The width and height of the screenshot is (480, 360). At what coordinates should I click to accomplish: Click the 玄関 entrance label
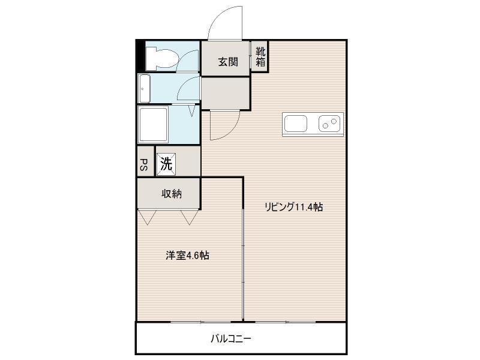click(228, 62)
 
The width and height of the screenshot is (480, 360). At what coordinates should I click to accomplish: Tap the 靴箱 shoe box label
click(260, 56)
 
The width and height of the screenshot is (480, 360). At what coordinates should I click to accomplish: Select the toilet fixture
click(161, 58)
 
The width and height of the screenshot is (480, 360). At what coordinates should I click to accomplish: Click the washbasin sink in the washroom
click(144, 88)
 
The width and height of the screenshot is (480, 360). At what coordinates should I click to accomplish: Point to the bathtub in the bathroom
click(154, 124)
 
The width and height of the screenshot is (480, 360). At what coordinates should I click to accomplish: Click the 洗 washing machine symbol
click(166, 164)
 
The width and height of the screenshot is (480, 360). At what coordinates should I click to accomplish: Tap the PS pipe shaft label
click(143, 164)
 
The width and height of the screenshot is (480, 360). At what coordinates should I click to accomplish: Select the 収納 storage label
click(172, 194)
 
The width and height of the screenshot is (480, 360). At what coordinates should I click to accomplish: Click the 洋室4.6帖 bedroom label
click(187, 256)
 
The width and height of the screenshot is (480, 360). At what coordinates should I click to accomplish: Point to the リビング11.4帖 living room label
click(293, 207)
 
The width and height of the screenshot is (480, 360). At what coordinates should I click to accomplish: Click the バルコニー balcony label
click(231, 338)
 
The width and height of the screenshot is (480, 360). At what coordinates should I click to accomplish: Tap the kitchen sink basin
click(295, 124)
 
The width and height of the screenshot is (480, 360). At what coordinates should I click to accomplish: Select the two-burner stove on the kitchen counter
click(329, 124)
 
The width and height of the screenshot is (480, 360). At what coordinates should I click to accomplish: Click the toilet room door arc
click(184, 55)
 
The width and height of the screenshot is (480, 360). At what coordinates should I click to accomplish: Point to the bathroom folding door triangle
click(192, 111)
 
